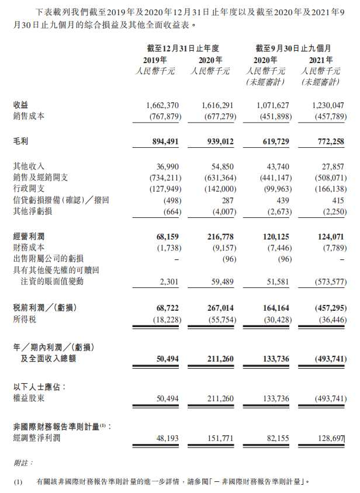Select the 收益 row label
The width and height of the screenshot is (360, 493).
(x=20, y=105)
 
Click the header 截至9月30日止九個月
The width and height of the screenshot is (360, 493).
(x=294, y=48)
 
